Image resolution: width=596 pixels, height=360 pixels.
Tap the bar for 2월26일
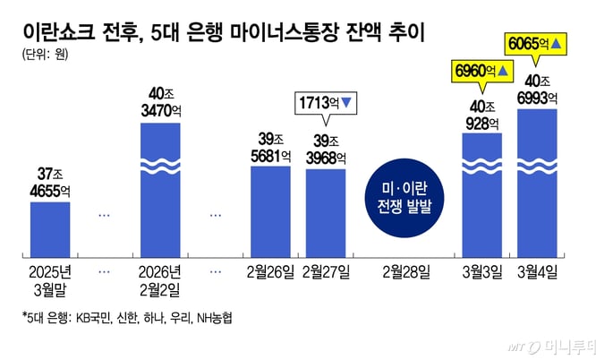click(x=270, y=210)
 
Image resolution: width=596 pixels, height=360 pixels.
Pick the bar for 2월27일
click(x=326, y=211)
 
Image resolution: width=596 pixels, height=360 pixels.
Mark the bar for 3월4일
click(x=537, y=182)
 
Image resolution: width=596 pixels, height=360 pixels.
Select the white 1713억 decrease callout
click(x=326, y=105)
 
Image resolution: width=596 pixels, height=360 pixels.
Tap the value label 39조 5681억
click(x=270, y=148)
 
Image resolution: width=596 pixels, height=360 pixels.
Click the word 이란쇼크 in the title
click(x=59, y=31)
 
